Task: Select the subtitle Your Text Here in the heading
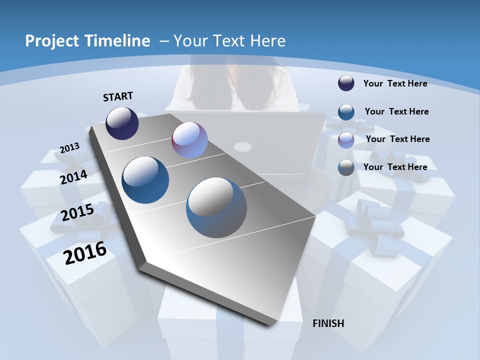pyautogui.click(x=229, y=41)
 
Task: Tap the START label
pyautogui.click(x=118, y=96)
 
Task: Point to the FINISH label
pyautogui.click(x=328, y=323)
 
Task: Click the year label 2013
pyautogui.click(x=69, y=148)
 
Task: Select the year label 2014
pyautogui.click(x=73, y=177)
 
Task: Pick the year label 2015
pyautogui.click(x=77, y=212)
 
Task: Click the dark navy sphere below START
pyautogui.click(x=122, y=123)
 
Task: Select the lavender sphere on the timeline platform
pyautogui.click(x=189, y=140)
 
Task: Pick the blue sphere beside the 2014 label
pyautogui.click(x=145, y=180)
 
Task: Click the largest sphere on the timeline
pyautogui.click(x=216, y=207)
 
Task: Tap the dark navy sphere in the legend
pyautogui.click(x=346, y=83)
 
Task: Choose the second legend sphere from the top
pyautogui.click(x=346, y=112)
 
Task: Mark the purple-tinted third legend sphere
pyautogui.click(x=346, y=140)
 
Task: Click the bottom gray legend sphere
pyautogui.click(x=346, y=167)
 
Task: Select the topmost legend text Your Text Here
pyautogui.click(x=395, y=83)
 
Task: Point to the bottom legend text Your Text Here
pyautogui.click(x=395, y=167)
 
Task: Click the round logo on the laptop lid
pyautogui.click(x=243, y=146)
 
